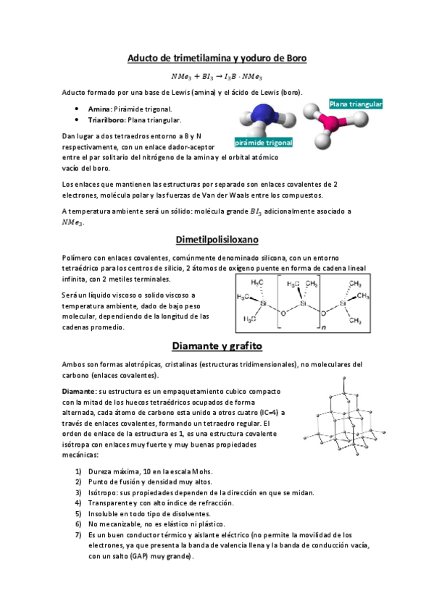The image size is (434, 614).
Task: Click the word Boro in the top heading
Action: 292,58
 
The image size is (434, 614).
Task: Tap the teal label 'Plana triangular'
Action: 356,104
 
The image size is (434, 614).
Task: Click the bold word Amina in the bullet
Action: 99,109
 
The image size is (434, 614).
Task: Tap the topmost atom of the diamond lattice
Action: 341,379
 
